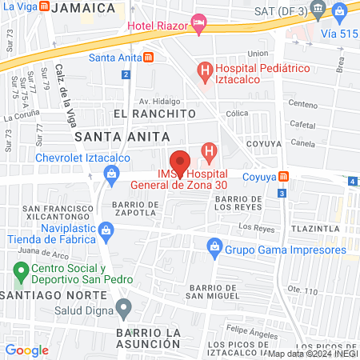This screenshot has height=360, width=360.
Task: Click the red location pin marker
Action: coord(180,163)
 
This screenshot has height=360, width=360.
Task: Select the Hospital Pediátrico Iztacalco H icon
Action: coord(206,72)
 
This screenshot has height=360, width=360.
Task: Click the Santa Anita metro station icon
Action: coord(148,58)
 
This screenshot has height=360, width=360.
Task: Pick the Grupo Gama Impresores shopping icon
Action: coord(214,250)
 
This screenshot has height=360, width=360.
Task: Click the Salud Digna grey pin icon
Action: coord(123,307)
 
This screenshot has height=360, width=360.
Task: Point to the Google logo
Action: coord(26,350)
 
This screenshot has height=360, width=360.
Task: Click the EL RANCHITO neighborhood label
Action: coord(154,114)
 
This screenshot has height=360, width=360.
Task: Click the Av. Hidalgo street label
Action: coord(157,102)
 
